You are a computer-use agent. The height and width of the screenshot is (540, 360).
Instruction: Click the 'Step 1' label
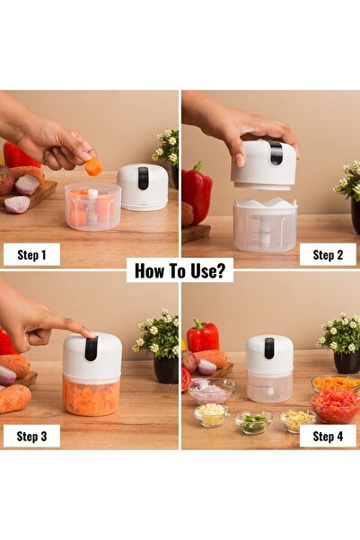click(31, 254)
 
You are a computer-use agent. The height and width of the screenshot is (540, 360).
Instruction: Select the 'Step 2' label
click(328, 254)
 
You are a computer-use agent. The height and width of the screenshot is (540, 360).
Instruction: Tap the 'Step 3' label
click(31, 436)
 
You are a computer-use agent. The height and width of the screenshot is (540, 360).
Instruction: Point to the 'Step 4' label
click(328, 436)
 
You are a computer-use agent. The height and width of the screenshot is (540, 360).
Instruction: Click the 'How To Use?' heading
click(180, 270)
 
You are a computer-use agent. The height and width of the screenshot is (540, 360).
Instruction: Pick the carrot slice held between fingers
click(93, 166)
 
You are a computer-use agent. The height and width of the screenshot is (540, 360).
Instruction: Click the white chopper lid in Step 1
click(143, 186)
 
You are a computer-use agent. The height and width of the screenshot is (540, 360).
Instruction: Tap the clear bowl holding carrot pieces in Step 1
click(92, 208)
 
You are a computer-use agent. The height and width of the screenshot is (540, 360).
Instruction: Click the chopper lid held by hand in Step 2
click(263, 164)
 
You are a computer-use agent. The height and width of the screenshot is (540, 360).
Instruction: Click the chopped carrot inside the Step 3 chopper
click(92, 397)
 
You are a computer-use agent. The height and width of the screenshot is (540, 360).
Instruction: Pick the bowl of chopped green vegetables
click(253, 420)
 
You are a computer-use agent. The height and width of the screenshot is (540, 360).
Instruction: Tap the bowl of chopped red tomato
click(335, 406)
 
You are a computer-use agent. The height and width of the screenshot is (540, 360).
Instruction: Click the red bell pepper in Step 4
click(203, 337)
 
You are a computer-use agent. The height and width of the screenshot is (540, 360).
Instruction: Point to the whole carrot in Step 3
click(14, 398)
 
